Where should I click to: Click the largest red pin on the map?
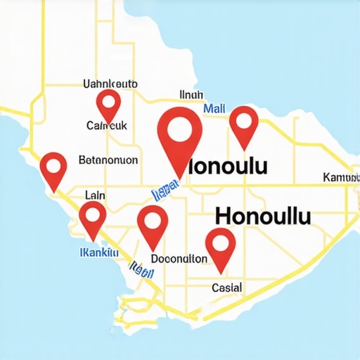[x=180, y=137]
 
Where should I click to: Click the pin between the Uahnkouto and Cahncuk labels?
[x=108, y=105]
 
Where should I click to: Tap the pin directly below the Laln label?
[x=92, y=219]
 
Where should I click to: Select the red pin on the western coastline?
[x=53, y=169]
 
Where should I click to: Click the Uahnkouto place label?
[x=110, y=84]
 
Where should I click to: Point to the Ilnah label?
[x=191, y=95]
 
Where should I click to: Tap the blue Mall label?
[x=214, y=109]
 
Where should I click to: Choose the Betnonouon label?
[x=108, y=160]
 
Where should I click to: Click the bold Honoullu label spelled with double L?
[x=262, y=214]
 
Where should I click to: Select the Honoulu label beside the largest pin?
[x=229, y=167]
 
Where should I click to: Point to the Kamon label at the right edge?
[x=340, y=176]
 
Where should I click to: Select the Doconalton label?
[x=179, y=259]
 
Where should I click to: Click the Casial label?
[x=226, y=288]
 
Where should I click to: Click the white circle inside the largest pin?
[x=180, y=129]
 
